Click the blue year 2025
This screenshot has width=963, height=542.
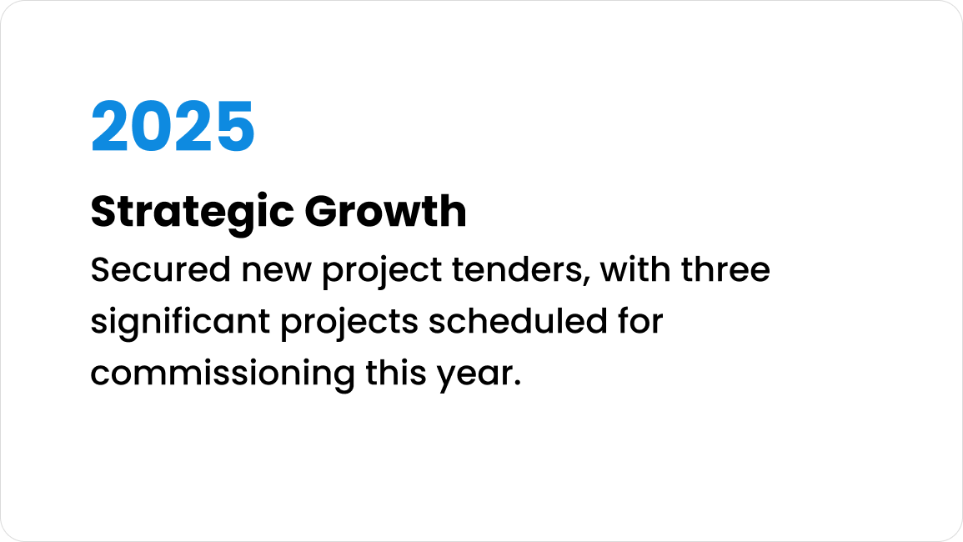point(173,126)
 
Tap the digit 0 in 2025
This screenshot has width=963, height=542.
point(152,126)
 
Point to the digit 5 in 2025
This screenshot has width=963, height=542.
point(235,126)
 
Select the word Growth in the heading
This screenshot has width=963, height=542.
point(386,211)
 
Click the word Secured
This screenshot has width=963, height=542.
point(161,269)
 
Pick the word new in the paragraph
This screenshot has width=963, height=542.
point(276,272)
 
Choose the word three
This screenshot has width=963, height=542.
point(725,269)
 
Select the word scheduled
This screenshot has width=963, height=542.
point(518,321)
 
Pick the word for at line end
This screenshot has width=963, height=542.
point(640,321)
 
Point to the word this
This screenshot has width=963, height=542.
point(395,373)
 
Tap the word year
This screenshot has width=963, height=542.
point(474,375)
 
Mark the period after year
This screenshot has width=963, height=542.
point(516,383)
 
